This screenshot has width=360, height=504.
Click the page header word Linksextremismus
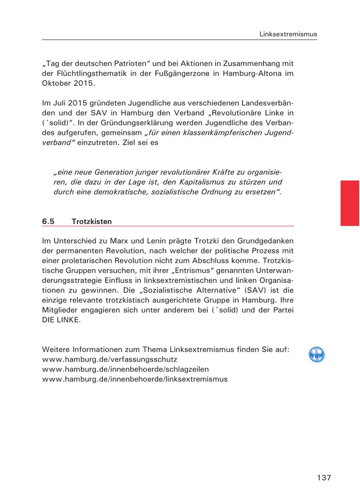288,34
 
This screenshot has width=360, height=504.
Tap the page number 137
324,478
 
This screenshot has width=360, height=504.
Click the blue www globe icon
316,355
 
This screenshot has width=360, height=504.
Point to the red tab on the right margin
350,203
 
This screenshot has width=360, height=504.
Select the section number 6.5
48,221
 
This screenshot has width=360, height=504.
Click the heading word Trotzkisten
92,221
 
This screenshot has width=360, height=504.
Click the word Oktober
56,84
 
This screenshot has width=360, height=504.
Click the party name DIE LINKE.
61,320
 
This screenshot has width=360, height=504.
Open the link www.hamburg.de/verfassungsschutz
110,359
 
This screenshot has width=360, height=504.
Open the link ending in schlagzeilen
125,369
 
